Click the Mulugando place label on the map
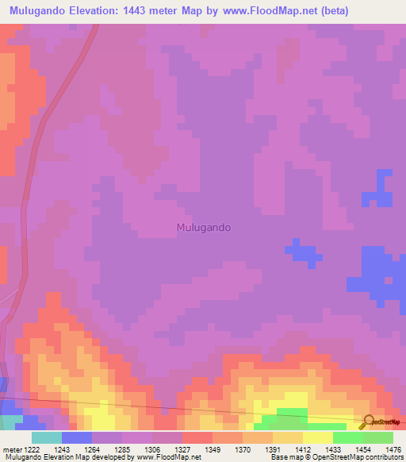click(202, 227)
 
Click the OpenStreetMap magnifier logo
click(368, 422)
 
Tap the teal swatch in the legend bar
click(47, 437)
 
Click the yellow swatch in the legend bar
click(318, 437)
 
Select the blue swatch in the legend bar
click(77, 437)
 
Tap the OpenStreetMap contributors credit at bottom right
click(359, 457)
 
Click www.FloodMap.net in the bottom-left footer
click(168, 457)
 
